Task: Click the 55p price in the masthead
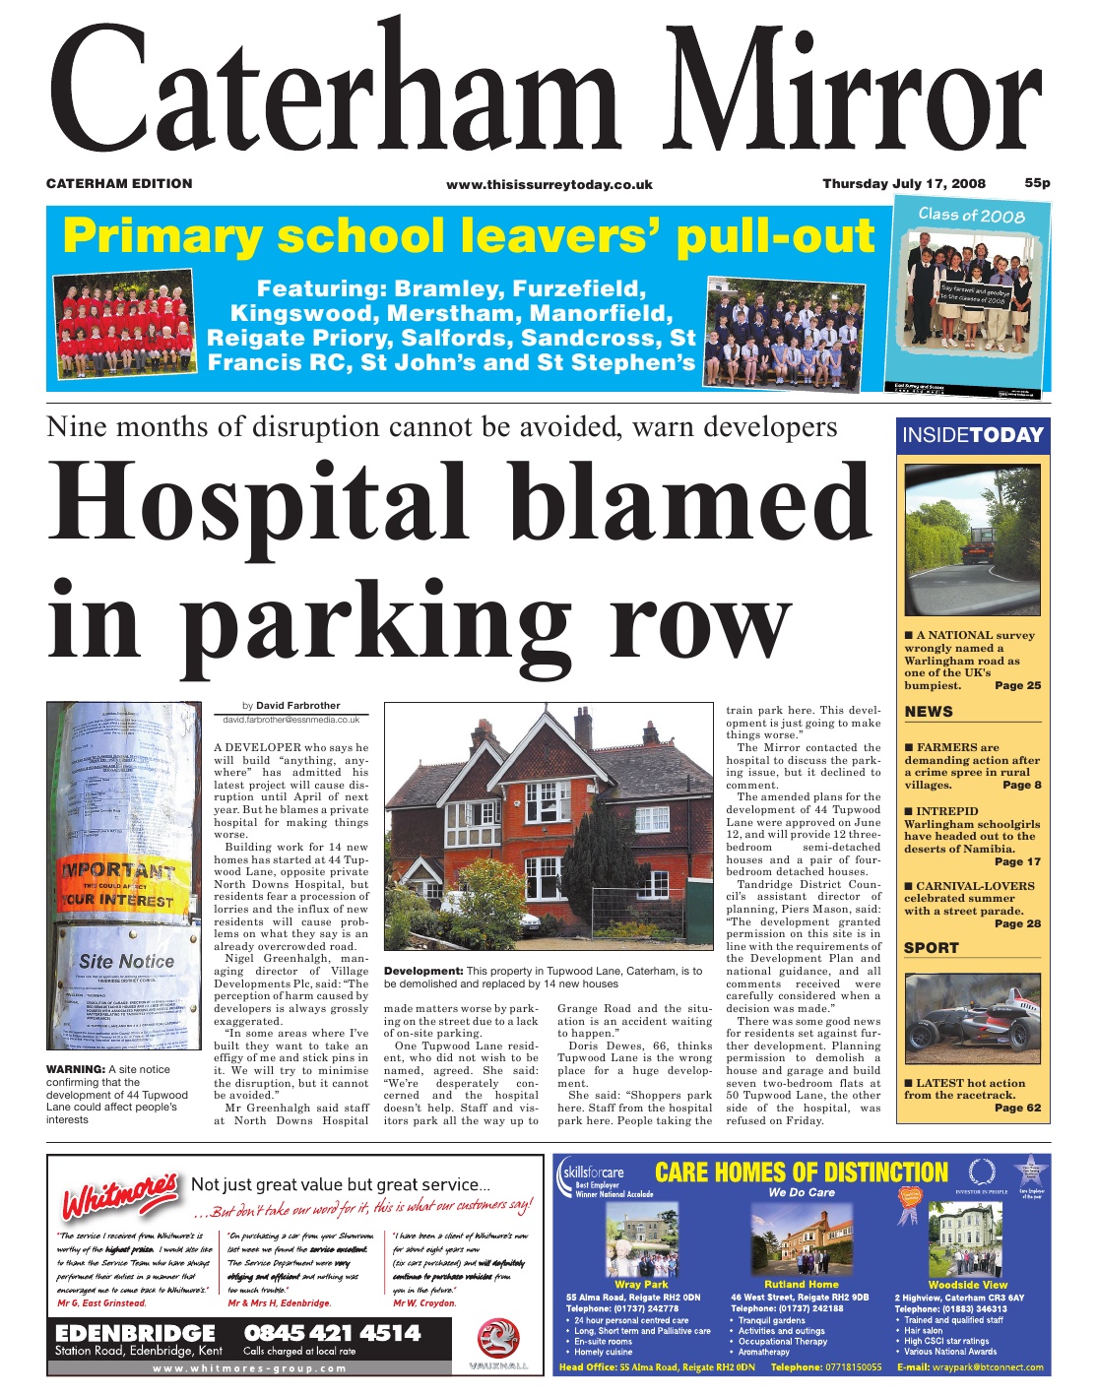point(1037,183)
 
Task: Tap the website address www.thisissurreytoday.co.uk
point(549,184)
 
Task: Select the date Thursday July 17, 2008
point(903,183)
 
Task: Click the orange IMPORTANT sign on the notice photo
point(119,871)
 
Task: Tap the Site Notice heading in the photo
point(126,961)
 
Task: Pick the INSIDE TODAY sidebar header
point(973,435)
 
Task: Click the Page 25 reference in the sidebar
point(1017,685)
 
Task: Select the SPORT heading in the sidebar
point(932,948)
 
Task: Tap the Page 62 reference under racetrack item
point(1017,1108)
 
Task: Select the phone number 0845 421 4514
point(332,1333)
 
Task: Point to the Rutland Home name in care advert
point(802,1284)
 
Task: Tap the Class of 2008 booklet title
point(971,215)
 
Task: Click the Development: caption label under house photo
point(422,971)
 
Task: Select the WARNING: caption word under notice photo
point(76,1069)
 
